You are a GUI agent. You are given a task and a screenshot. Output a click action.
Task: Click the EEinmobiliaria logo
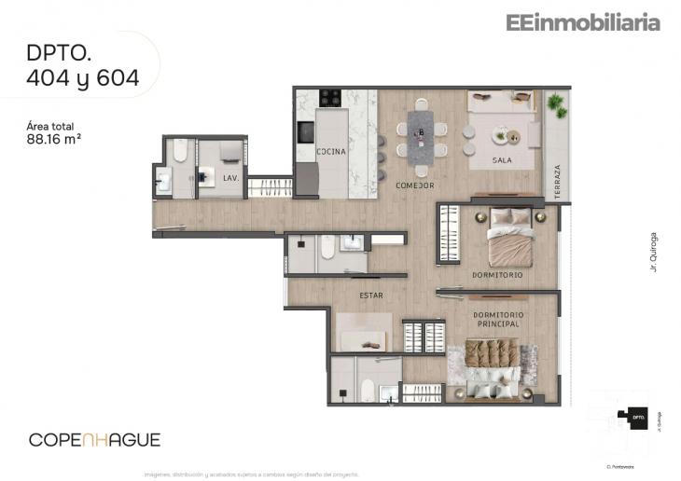(x=582, y=22)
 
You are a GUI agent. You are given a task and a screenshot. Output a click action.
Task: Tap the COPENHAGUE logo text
(x=94, y=439)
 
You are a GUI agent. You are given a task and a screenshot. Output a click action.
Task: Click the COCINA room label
(x=331, y=152)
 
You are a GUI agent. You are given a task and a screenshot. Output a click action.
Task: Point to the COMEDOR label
(x=415, y=186)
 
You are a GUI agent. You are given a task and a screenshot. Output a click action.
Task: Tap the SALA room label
(x=503, y=161)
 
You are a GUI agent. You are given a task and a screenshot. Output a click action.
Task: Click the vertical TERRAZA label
(x=556, y=177)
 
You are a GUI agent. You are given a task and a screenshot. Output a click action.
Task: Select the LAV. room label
(x=231, y=177)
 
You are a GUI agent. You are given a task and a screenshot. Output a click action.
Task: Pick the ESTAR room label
(x=371, y=295)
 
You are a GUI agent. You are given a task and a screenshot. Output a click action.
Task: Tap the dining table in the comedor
(x=421, y=136)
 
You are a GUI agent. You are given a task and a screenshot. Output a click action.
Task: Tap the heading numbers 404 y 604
(x=83, y=79)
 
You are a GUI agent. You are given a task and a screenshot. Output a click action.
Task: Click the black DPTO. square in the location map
(x=639, y=419)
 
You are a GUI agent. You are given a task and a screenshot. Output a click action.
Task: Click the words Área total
(x=50, y=126)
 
